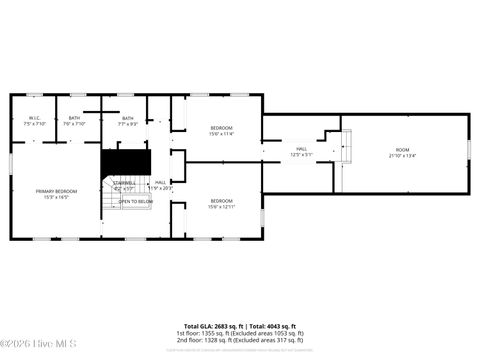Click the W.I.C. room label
point(34,120)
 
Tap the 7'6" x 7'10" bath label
point(75,120)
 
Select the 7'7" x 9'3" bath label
point(128,120)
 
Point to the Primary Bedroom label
point(56,194)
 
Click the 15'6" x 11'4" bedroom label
point(221,129)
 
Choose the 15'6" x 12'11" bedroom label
point(221,204)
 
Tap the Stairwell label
point(124,185)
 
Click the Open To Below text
point(136,201)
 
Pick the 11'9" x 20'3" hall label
point(160,185)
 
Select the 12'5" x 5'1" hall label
point(301,152)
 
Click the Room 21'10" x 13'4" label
point(402,153)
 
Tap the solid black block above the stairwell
point(125,160)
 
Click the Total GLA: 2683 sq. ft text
point(207,326)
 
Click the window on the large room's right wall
point(469,150)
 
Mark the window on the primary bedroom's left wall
point(11,161)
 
